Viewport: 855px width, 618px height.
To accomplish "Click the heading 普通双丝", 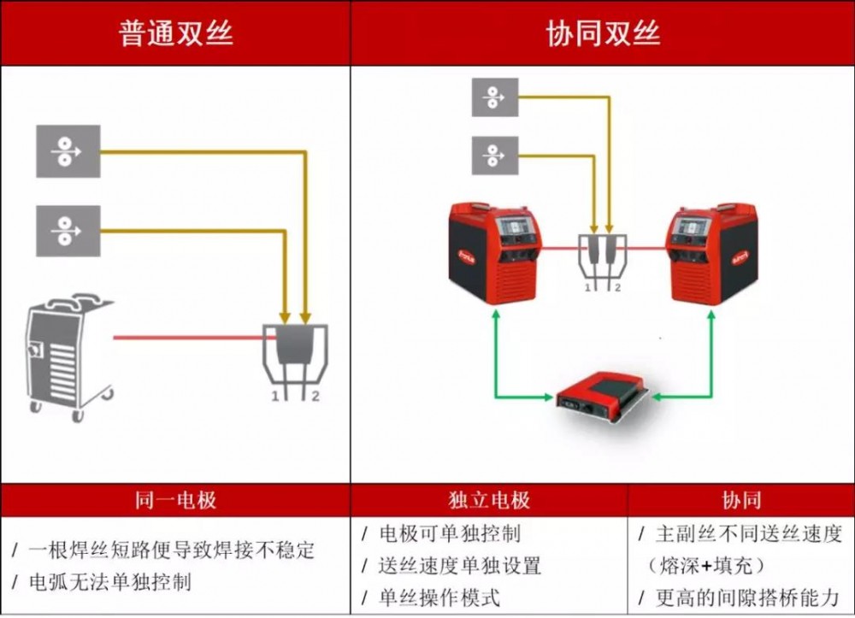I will [175, 33].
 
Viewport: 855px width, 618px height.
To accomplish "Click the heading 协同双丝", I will [603, 33].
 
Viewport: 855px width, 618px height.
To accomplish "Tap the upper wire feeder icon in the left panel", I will [68, 151].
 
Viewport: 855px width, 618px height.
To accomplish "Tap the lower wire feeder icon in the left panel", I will [68, 230].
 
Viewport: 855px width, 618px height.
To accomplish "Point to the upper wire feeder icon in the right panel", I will [495, 97].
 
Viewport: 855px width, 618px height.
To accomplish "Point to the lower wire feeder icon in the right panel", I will [495, 156].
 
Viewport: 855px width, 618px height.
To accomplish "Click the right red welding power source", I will [713, 253].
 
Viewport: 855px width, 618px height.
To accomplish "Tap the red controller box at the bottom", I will [602, 395].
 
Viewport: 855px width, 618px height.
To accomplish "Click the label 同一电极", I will [175, 500].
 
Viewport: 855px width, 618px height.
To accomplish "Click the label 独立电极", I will [488, 500].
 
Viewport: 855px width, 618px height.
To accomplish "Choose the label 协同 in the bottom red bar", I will [740, 500].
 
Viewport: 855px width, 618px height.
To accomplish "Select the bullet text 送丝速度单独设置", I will [459, 565].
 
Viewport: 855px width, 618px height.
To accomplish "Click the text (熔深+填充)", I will [706, 565].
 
